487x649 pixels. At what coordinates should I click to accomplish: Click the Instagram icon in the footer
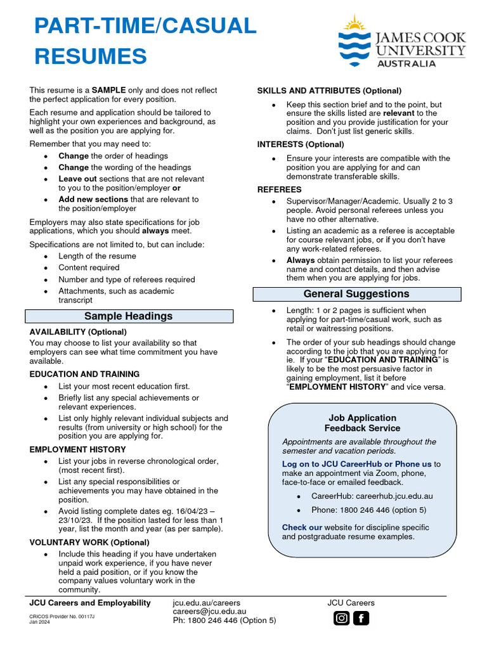pos(342,618)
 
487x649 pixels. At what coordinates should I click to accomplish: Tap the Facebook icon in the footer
pos(361,618)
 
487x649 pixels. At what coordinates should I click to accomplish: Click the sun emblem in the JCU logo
pos(354,25)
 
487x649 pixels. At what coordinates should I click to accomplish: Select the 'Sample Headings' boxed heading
pos(129,316)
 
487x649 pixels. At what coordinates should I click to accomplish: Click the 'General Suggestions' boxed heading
pos(356,294)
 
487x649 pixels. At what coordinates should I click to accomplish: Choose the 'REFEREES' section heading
pos(279,190)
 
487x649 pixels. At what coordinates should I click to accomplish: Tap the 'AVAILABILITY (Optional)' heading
pos(78,331)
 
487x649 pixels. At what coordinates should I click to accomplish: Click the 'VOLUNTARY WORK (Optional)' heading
pos(89,543)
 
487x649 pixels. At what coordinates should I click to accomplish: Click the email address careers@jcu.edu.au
pos(209,612)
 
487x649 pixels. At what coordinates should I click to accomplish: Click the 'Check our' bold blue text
pos(302,527)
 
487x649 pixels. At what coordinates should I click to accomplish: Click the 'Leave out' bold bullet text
pos(77,179)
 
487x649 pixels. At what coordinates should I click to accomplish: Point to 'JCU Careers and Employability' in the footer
pos(90,603)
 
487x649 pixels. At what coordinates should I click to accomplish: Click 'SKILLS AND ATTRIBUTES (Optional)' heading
pos(329,91)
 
